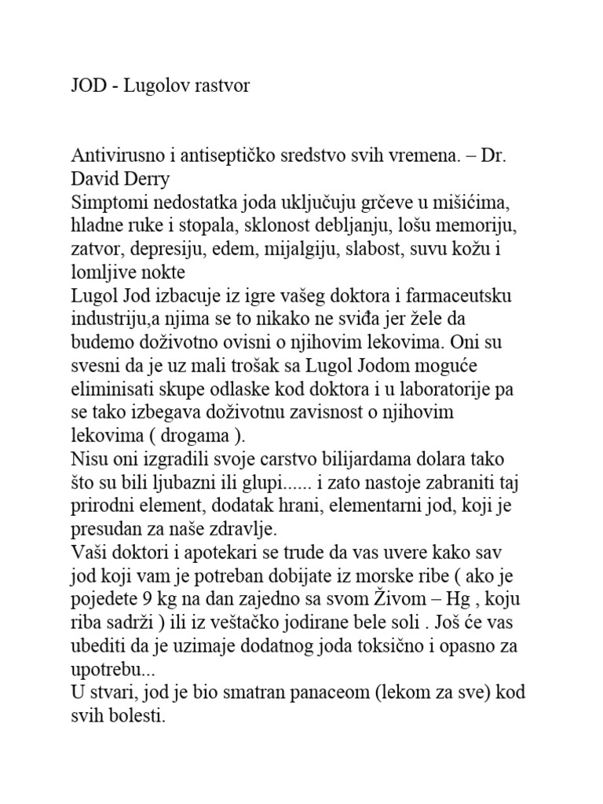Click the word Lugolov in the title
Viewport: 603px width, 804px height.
(155, 86)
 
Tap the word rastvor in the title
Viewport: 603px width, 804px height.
(220, 86)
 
